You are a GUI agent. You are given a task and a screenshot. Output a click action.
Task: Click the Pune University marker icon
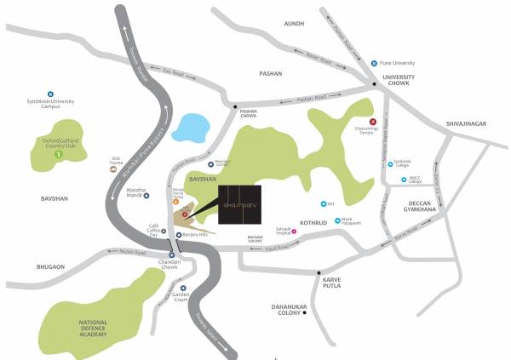click(374, 63)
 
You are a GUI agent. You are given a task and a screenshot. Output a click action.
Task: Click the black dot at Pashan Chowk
click(236, 106)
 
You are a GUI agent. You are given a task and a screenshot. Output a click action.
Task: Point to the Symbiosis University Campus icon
click(50, 94)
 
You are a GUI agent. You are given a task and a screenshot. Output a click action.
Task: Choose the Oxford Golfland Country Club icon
click(58, 155)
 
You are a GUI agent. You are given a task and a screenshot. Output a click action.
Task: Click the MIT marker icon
click(323, 203)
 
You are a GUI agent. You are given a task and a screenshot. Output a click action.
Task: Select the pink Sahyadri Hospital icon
click(294, 231)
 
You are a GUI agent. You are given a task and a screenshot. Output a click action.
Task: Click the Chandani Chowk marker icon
click(171, 254)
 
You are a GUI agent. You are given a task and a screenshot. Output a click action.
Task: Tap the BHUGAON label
click(50, 267)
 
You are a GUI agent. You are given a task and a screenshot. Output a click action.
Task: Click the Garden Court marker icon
click(183, 289)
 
